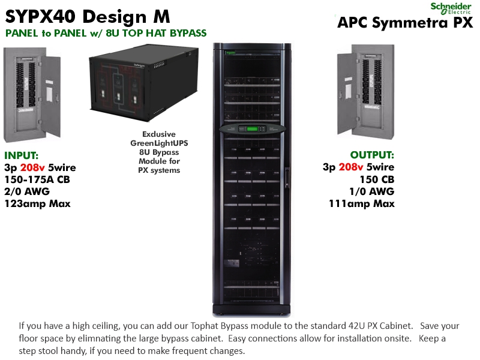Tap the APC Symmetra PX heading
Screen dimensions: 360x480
pyautogui.click(x=405, y=23)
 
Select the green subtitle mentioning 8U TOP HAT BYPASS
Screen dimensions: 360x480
pyautogui.click(x=106, y=33)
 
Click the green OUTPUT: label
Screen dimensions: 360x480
pyautogui.click(x=372, y=155)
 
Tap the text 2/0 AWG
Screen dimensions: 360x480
pyautogui.click(x=27, y=191)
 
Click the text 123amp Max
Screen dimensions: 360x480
pyautogui.click(x=37, y=203)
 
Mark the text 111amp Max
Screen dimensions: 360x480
pyautogui.click(x=361, y=203)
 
